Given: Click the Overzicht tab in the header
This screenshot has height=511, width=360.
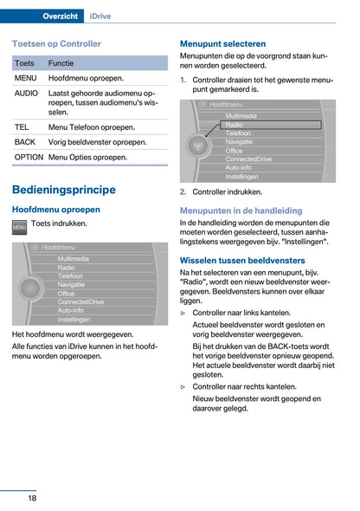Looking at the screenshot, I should coord(61,16).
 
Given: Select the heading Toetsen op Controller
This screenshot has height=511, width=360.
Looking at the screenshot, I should coord(56,42).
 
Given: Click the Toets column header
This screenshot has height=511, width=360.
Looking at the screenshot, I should coord(25,63).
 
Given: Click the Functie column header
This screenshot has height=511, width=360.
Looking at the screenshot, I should coord(61,63).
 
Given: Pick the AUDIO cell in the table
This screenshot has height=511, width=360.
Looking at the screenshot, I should coord(27,93).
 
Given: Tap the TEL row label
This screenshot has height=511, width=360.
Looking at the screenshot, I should coord(22,126).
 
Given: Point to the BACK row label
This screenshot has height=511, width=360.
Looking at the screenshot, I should coord(25,142).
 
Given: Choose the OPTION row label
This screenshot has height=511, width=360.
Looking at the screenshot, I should coord(29,158).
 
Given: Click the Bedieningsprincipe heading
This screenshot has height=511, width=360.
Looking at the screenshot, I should coord(64,190).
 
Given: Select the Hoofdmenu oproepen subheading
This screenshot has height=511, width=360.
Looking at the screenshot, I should coord(56,210).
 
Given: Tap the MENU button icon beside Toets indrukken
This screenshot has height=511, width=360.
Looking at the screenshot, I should coord(19,226).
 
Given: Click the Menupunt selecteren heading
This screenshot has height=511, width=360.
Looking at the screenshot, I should coord(222,42).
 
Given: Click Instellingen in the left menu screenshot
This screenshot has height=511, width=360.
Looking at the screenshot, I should coord(74,319).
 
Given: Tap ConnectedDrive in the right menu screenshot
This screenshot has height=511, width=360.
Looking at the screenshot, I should coord(249,159).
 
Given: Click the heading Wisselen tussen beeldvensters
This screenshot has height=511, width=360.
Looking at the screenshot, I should coord(242,260).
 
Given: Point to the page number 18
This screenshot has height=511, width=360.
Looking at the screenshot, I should coord(31,497).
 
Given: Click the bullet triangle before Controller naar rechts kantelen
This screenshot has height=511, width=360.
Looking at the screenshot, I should coord(183,387).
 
